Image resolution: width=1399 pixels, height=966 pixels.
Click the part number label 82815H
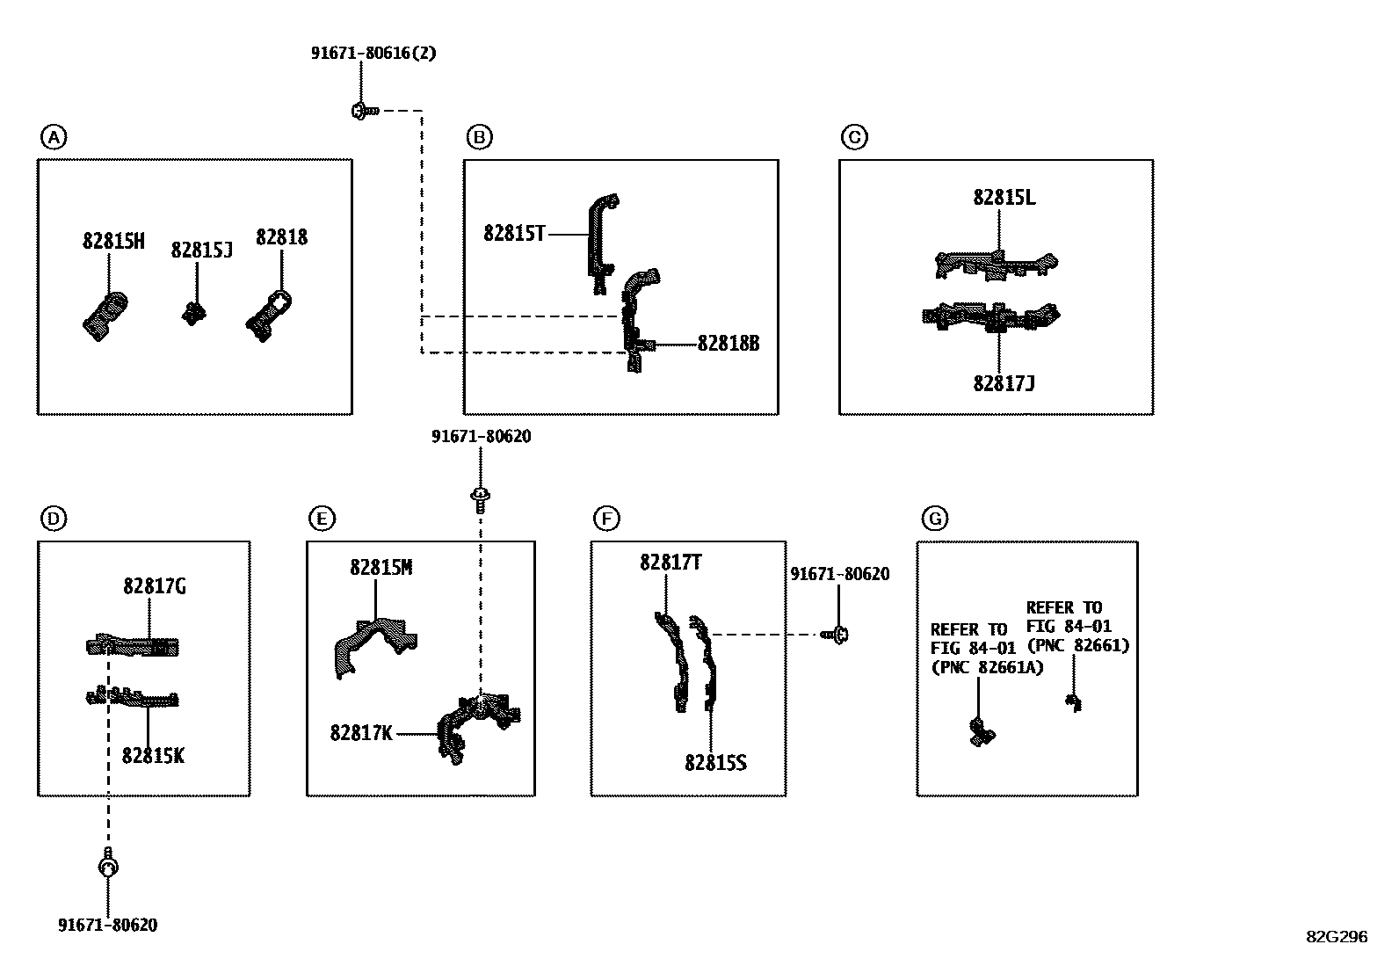113,241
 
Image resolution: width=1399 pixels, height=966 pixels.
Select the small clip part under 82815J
193,314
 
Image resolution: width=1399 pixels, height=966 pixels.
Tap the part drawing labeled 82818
269,316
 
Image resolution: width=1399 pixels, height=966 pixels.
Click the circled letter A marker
54,137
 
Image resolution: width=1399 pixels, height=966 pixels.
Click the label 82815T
514,234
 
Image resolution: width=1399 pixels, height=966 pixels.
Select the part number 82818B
728,344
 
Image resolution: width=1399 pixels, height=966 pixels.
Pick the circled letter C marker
854,137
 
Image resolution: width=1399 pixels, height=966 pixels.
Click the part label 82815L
1004,198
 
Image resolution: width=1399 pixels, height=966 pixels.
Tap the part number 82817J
1004,383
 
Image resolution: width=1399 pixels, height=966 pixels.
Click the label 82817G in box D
155,586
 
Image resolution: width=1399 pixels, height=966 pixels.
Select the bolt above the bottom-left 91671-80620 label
108,863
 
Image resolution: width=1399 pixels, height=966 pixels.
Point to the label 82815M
381,567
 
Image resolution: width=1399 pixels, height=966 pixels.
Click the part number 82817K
361,733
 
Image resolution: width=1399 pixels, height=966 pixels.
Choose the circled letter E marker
323,519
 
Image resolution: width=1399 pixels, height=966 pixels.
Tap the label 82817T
671,563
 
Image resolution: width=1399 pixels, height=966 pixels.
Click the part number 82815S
715,763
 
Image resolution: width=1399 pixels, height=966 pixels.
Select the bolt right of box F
835,635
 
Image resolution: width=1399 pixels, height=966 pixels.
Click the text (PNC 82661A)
987,667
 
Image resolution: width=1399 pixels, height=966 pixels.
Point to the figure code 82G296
1337,937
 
